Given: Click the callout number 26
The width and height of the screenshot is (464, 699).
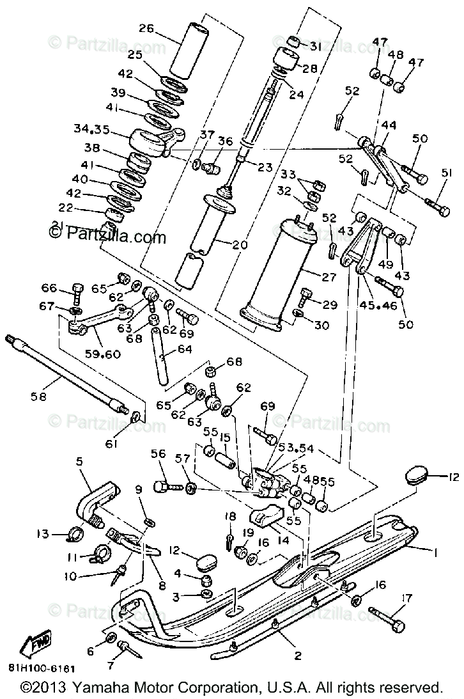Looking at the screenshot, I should point(147,28).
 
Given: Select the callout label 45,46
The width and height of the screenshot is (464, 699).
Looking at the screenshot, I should point(379,305).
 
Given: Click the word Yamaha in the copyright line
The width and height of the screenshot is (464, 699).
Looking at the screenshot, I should point(97,689).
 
